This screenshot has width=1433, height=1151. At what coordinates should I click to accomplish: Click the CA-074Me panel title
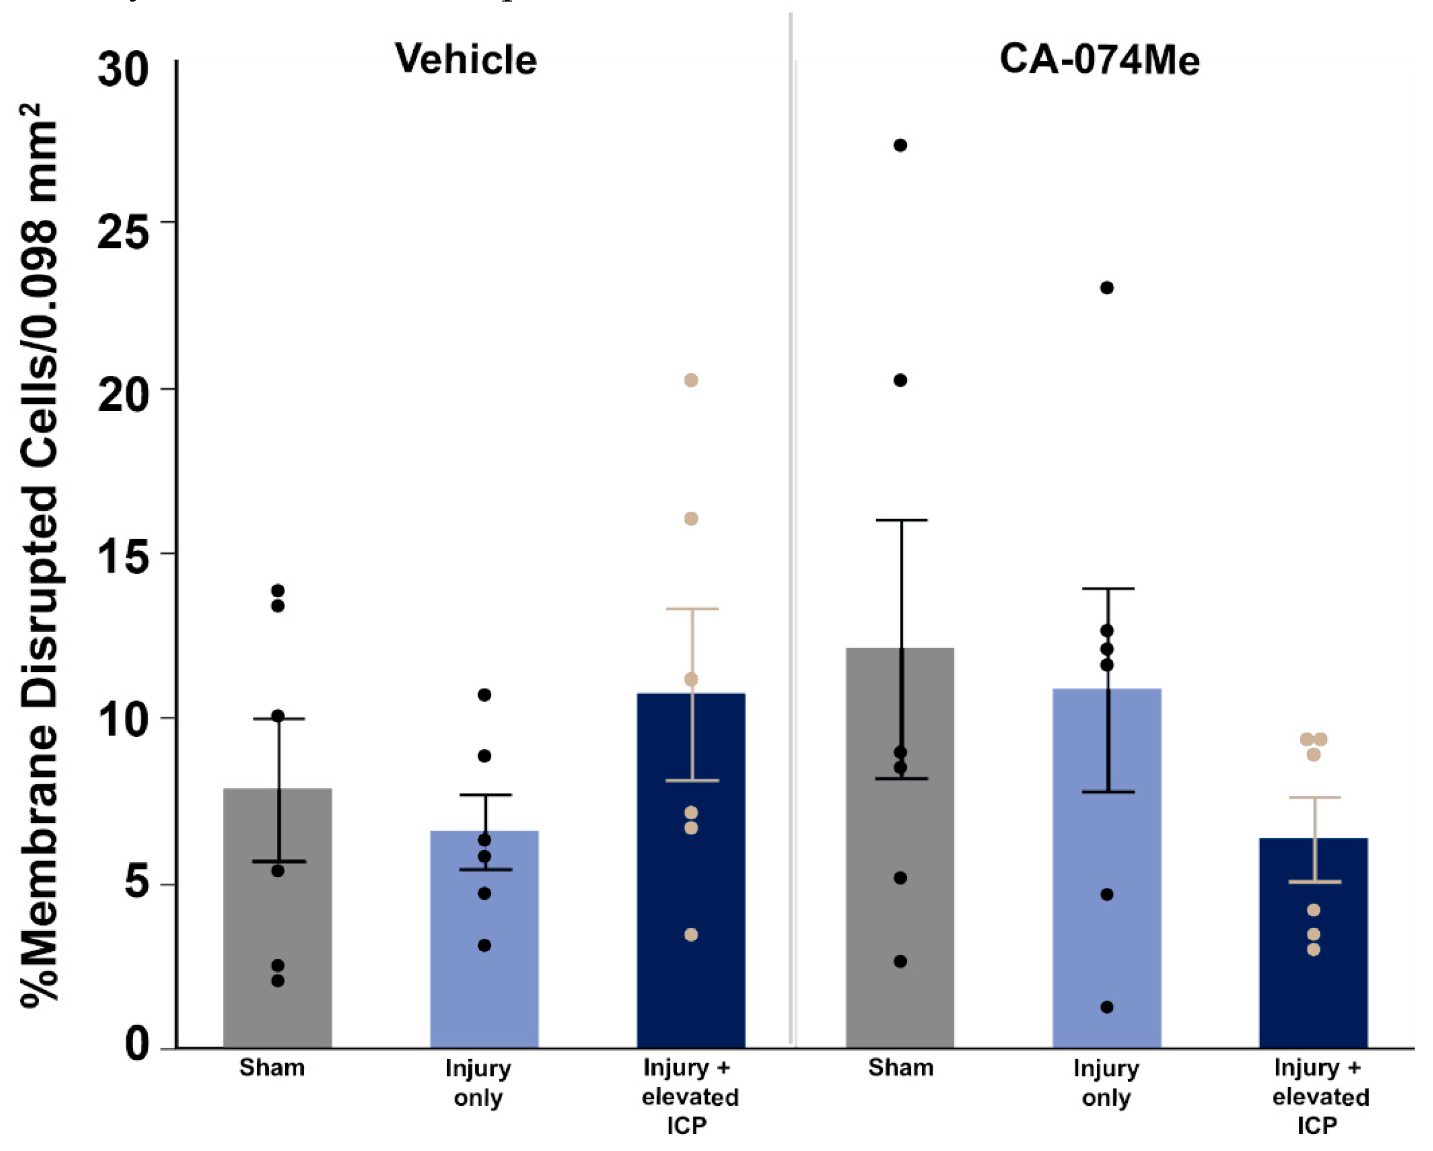tap(1100, 59)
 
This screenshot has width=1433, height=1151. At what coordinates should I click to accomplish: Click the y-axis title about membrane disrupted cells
tap(40, 555)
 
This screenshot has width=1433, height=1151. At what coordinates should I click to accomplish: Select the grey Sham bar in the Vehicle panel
tap(277, 930)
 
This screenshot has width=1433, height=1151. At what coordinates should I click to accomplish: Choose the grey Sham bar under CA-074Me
tap(900, 864)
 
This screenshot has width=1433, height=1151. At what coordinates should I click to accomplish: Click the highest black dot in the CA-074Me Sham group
tap(900, 146)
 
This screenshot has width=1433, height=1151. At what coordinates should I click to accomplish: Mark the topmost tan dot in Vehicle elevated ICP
tap(691, 380)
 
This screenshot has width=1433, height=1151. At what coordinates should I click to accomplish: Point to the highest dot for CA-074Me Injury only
tap(1107, 288)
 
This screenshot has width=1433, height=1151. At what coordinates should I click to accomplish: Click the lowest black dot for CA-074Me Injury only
tap(1107, 1007)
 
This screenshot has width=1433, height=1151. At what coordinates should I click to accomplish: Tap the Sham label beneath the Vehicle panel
tap(272, 1068)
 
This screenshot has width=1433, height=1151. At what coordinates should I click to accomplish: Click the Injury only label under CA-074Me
tap(1106, 1082)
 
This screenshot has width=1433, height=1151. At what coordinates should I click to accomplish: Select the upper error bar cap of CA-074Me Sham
tap(901, 520)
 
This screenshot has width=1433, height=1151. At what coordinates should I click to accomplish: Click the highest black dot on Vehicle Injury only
tap(484, 695)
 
